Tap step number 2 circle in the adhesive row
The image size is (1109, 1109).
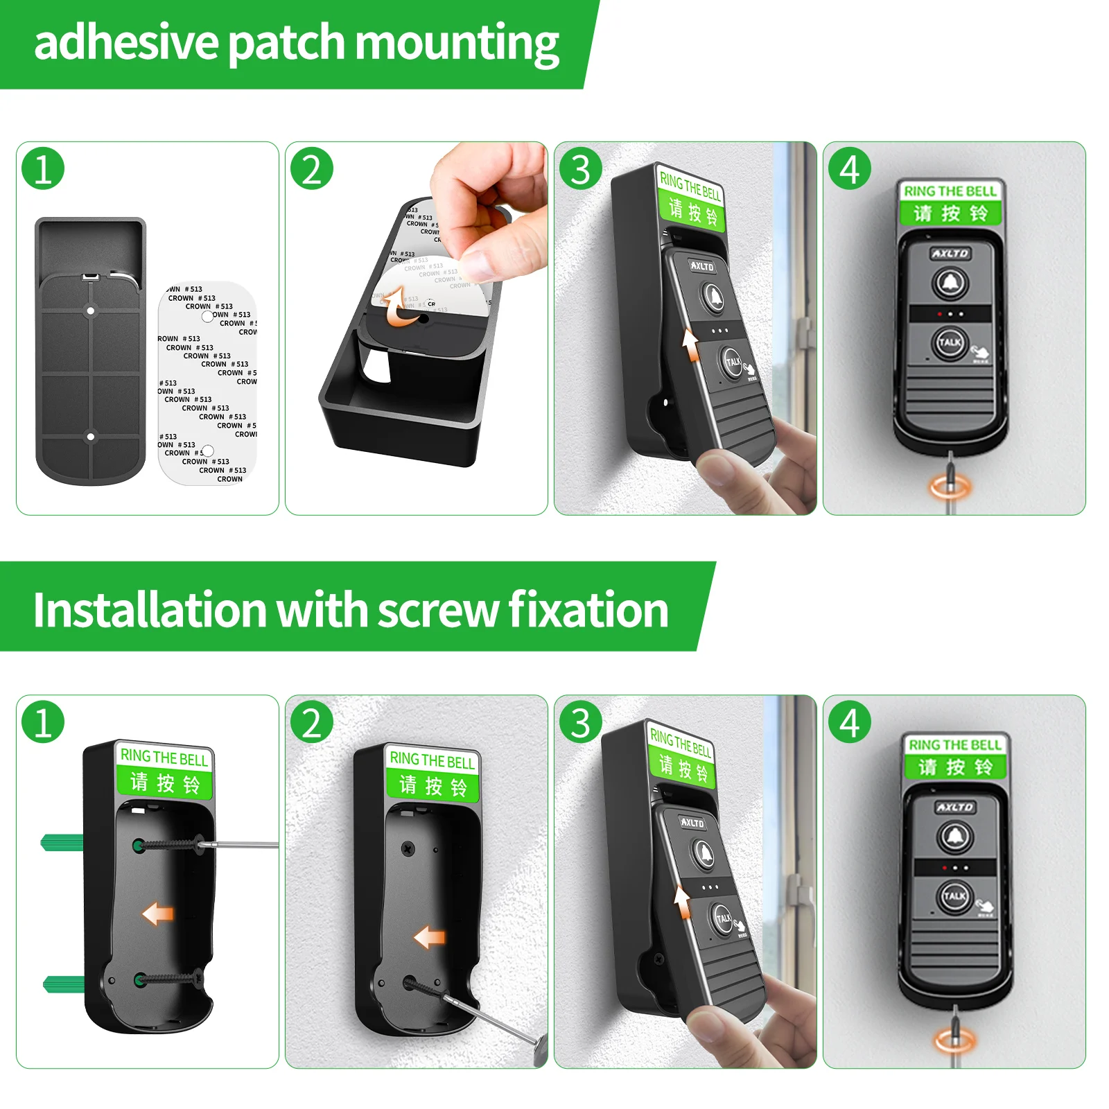click(x=312, y=169)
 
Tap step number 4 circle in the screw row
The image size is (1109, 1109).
click(x=850, y=722)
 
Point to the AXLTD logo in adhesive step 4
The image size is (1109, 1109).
click(x=950, y=254)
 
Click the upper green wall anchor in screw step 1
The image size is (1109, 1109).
click(x=62, y=843)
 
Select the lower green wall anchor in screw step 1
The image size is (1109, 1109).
click(x=64, y=983)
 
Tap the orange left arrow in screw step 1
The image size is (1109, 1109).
click(x=157, y=914)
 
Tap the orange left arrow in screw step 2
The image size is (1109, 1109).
click(x=430, y=938)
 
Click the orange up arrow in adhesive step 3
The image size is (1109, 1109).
click(x=690, y=344)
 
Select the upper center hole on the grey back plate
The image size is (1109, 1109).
click(x=90, y=311)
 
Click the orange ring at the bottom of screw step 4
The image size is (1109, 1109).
click(x=954, y=1040)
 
